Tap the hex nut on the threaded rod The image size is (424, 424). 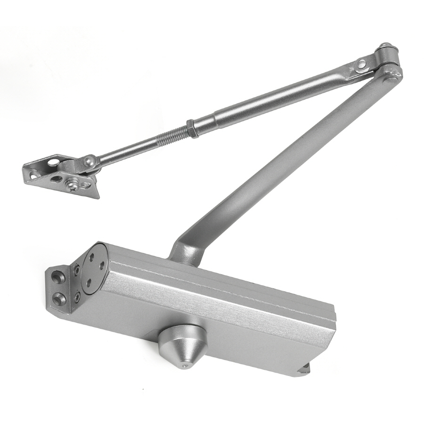[192, 128]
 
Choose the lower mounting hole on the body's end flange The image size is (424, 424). [58, 298]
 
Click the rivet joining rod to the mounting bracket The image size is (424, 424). [88, 161]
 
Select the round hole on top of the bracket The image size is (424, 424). [54, 162]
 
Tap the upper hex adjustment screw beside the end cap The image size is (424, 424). [77, 270]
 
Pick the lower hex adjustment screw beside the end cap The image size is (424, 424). [77, 297]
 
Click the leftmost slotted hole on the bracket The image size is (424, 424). [33, 175]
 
